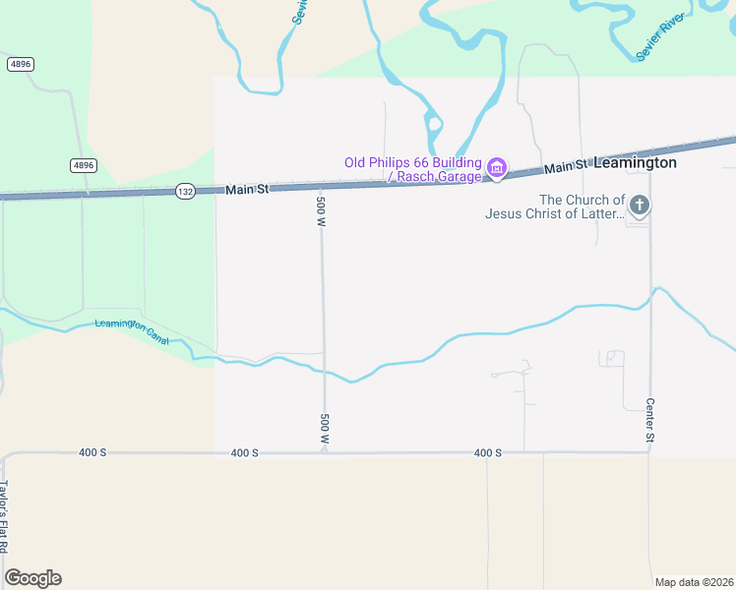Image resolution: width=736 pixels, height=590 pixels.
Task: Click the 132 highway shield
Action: pos(185,191)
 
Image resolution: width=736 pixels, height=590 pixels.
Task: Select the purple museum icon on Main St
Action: pos(497,169)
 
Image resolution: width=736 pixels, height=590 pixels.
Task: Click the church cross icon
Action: pos(640,206)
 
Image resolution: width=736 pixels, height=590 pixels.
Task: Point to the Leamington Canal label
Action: pos(132,332)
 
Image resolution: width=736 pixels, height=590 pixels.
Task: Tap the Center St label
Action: pos(650,420)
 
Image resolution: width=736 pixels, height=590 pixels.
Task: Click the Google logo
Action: pos(32,578)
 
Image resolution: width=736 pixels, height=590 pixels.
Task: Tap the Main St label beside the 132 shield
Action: pos(247,189)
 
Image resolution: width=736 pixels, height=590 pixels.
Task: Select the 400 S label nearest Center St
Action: pos(487,452)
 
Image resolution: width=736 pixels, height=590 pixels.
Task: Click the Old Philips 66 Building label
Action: pos(412,162)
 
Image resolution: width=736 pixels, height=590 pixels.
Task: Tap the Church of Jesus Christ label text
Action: pos(556,206)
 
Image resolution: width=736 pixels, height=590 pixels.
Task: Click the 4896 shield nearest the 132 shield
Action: pos(83,165)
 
